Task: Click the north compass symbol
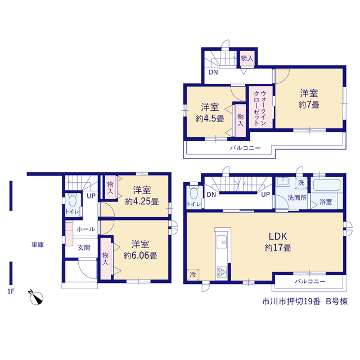36,298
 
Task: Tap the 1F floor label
11,291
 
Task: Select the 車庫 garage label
38,245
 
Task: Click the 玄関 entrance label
84,247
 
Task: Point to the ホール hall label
86,229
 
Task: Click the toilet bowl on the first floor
73,200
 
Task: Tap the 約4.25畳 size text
142,201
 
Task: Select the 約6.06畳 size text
140,256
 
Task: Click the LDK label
278,236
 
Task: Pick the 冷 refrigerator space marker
193,274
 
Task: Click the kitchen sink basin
222,242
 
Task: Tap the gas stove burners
222,272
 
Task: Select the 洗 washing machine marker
301,183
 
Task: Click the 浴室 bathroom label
326,202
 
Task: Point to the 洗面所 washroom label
297,197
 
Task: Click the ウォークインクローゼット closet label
260,108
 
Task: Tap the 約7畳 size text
309,105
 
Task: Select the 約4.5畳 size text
210,119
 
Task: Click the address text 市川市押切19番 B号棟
305,301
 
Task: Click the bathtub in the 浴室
327,185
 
